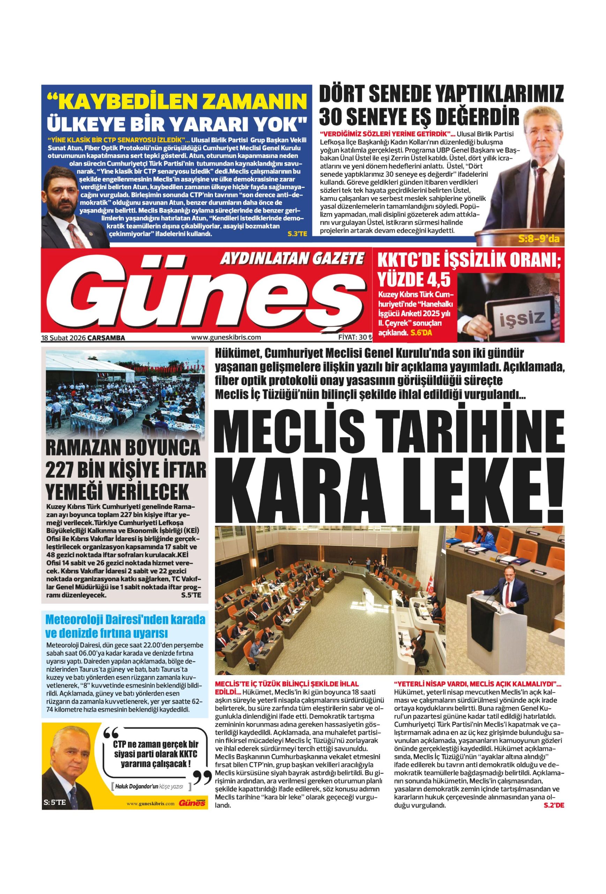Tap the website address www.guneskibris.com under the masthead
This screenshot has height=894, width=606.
(226, 337)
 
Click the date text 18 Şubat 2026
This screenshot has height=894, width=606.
(64, 338)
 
